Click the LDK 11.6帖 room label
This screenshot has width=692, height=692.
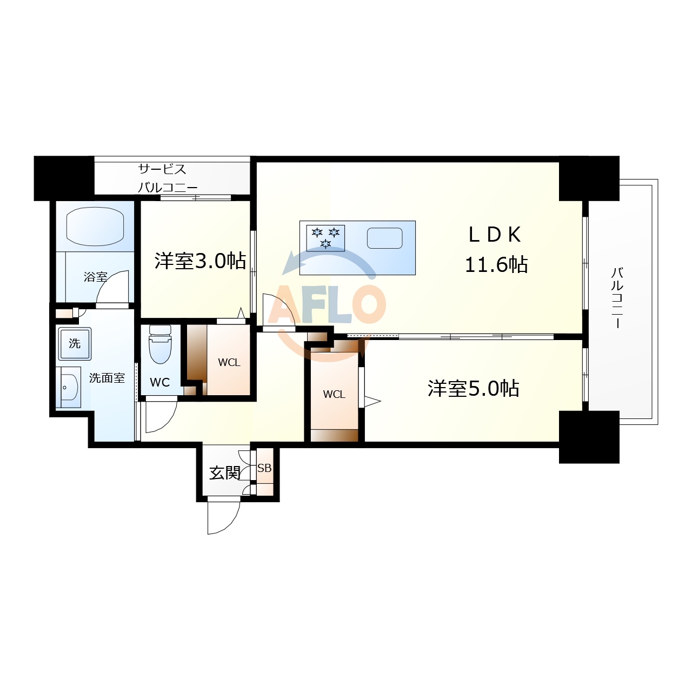pyautogui.click(x=496, y=250)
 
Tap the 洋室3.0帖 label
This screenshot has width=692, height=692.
pyautogui.click(x=200, y=261)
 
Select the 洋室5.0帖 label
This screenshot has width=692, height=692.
pyautogui.click(x=473, y=388)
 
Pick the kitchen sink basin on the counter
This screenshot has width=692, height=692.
pyautogui.click(x=384, y=238)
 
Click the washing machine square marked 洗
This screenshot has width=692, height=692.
pyautogui.click(x=75, y=343)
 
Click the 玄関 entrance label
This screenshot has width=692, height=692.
pyautogui.click(x=224, y=473)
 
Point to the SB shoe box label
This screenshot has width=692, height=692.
pyautogui.click(x=264, y=468)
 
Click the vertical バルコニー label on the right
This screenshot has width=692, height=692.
pyautogui.click(x=617, y=297)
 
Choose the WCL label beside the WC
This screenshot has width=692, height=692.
pyautogui.click(x=229, y=362)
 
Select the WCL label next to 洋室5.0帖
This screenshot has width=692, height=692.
pyautogui.click(x=334, y=394)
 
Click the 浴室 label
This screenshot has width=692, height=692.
pyautogui.click(x=95, y=277)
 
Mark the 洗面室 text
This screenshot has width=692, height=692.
pyautogui.click(x=107, y=378)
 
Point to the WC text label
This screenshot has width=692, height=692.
pyautogui.click(x=159, y=382)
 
